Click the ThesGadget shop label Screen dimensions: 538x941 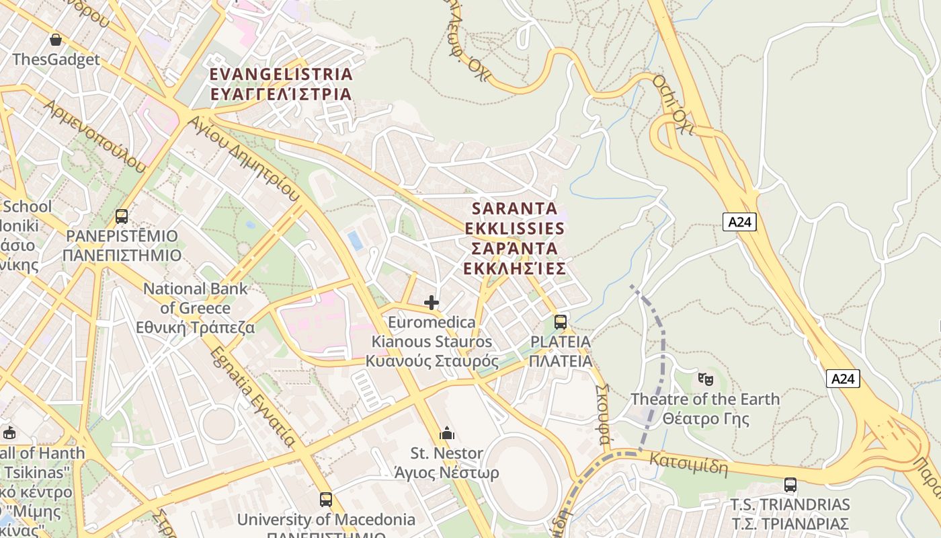[x=56, y=59]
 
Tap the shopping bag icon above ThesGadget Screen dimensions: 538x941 [x=56, y=39]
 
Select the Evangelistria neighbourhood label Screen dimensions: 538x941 [x=281, y=83]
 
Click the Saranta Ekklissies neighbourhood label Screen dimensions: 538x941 [x=515, y=238]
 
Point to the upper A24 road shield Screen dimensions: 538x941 [x=739, y=222]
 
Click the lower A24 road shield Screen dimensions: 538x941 [x=843, y=379]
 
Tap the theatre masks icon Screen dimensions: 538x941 [x=705, y=379]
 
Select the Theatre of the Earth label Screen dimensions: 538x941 [x=705, y=409]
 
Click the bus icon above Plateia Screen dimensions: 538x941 [x=561, y=322]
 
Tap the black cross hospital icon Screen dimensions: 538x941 [x=432, y=303]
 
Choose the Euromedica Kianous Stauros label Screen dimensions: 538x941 [x=432, y=342]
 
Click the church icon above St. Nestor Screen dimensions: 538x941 [x=447, y=434]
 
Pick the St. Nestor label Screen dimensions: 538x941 [x=447, y=463]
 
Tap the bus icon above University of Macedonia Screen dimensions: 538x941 [x=326, y=500]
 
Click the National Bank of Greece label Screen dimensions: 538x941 [x=196, y=308]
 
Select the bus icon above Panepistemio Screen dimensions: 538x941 [x=122, y=217]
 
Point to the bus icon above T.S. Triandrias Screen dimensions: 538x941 [x=790, y=485]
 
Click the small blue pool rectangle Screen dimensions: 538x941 [x=354, y=240]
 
